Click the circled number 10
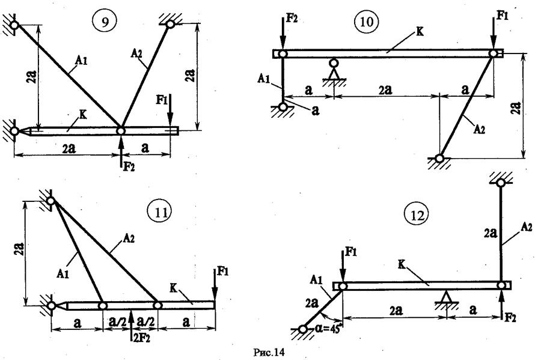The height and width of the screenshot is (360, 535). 366,24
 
